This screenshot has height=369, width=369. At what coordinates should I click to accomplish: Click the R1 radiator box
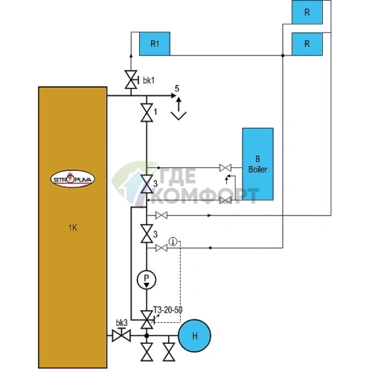(155, 44)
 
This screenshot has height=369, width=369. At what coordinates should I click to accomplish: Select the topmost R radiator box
(307, 12)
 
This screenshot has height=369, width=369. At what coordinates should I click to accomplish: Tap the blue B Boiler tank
(258, 164)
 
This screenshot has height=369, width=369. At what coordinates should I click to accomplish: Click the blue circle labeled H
(195, 336)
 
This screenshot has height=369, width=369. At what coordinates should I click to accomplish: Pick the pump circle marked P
(147, 279)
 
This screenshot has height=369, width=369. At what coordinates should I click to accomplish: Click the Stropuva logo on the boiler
(73, 179)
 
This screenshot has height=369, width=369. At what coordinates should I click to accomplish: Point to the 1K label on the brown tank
(73, 228)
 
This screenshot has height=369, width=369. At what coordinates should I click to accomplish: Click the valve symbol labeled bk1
(131, 80)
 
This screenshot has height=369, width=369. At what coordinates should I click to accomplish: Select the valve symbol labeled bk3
(121, 335)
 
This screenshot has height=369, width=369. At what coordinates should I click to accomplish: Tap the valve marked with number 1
(147, 112)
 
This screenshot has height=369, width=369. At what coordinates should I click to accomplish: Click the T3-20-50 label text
(167, 310)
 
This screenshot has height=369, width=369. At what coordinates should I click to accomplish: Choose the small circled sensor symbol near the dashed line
(173, 241)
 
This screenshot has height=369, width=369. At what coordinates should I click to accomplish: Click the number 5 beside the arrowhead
(177, 89)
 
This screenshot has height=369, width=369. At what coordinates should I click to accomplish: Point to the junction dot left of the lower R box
(283, 55)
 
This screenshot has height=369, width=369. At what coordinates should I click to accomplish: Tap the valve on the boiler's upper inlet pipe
(225, 168)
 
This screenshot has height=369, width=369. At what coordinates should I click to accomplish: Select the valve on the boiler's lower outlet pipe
(225, 200)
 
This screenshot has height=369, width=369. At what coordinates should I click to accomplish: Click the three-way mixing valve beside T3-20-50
(147, 320)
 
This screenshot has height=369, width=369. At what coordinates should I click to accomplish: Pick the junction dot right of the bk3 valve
(147, 336)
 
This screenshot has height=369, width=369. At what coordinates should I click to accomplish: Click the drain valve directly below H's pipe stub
(169, 352)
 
